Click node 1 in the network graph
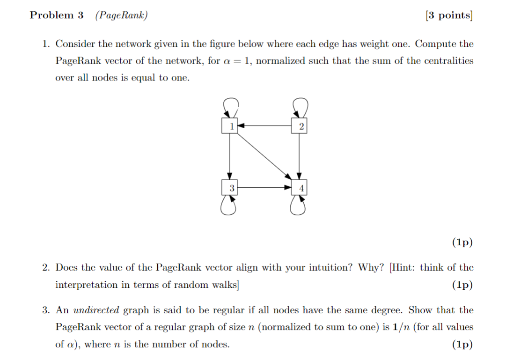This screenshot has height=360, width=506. (229, 126)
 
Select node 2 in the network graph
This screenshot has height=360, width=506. (300, 126)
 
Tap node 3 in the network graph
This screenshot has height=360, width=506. (229, 188)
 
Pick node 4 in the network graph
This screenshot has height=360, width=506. (300, 188)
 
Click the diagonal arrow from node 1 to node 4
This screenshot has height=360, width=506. (264, 157)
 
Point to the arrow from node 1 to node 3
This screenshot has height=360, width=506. (229, 157)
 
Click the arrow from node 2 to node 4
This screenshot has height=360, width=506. (300, 157)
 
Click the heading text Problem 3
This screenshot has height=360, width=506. (57, 15)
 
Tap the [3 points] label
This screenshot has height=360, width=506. (449, 15)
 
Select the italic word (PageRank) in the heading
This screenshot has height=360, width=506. (121, 15)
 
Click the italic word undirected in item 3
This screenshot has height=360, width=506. (96, 310)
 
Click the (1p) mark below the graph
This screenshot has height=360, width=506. (462, 242)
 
